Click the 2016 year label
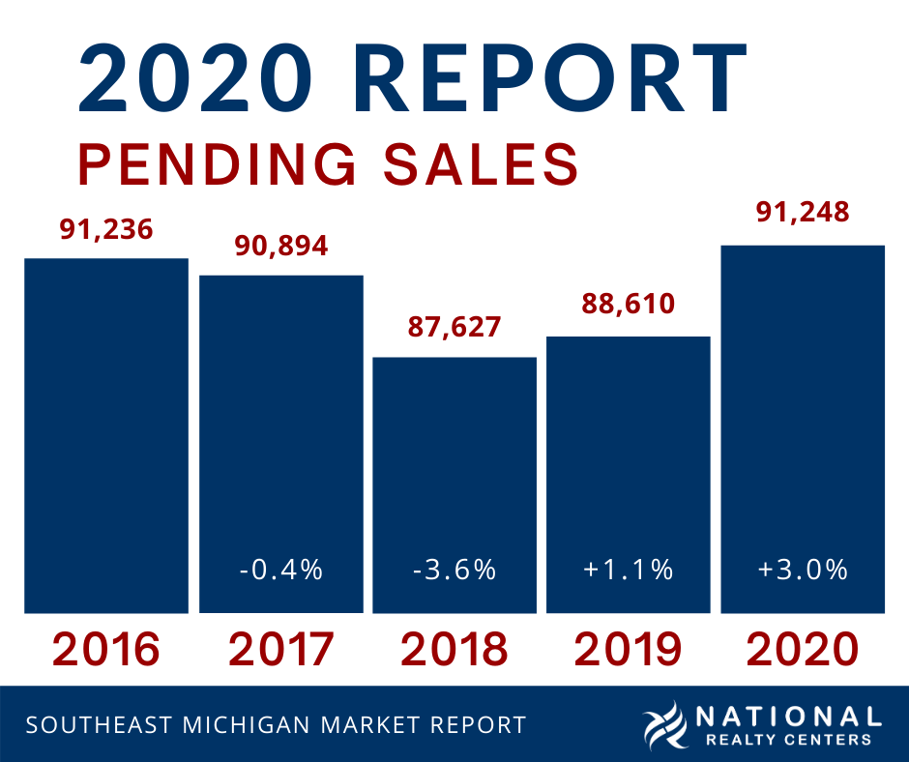tap(106, 649)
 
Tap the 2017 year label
tap(280, 649)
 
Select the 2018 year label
tap(454, 649)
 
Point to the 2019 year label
tap(629, 649)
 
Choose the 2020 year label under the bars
tap(804, 649)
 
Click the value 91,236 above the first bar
tap(106, 229)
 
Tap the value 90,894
tap(280, 246)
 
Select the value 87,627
tap(454, 327)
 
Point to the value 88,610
tap(629, 305)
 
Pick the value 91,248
tap(804, 212)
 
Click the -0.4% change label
tap(280, 570)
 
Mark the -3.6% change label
tap(454, 570)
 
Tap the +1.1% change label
tap(629, 570)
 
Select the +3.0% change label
tap(804, 570)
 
